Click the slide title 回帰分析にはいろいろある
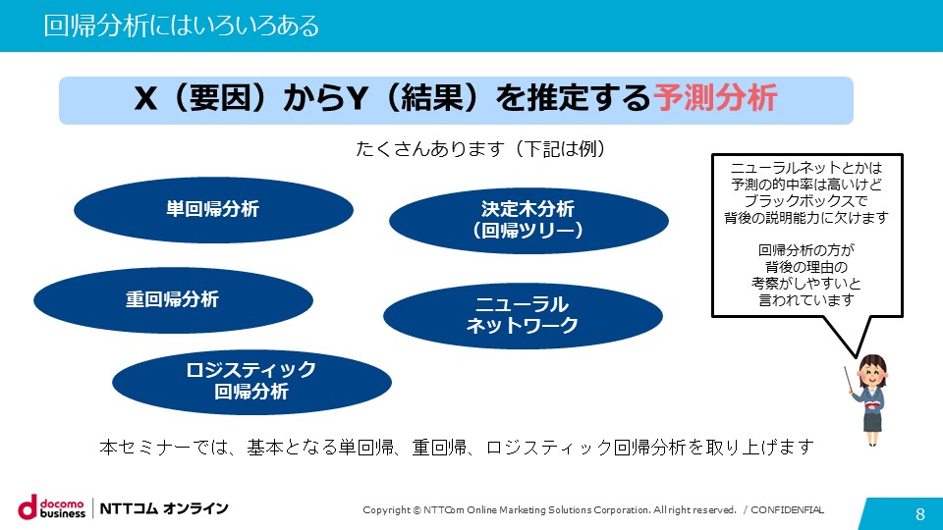pyautogui.click(x=181, y=26)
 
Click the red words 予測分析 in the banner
pyautogui.click(x=715, y=98)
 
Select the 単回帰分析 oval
pyautogui.click(x=213, y=210)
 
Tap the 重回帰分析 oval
pyautogui.click(x=173, y=300)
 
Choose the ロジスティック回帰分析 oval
pyautogui.click(x=251, y=382)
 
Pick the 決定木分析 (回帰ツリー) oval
pyautogui.click(x=528, y=221)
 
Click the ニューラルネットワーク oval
pyautogui.click(x=523, y=315)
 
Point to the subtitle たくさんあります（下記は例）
pyautogui.click(x=480, y=148)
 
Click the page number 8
pyautogui.click(x=920, y=513)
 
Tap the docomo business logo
pyautogui.click(x=52, y=507)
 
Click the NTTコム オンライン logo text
pyautogui.click(x=164, y=508)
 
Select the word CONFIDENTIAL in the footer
pyautogui.click(x=787, y=510)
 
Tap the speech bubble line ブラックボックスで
pyautogui.click(x=805, y=200)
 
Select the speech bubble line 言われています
pyautogui.click(x=805, y=299)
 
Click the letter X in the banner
pyautogui.click(x=145, y=98)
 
